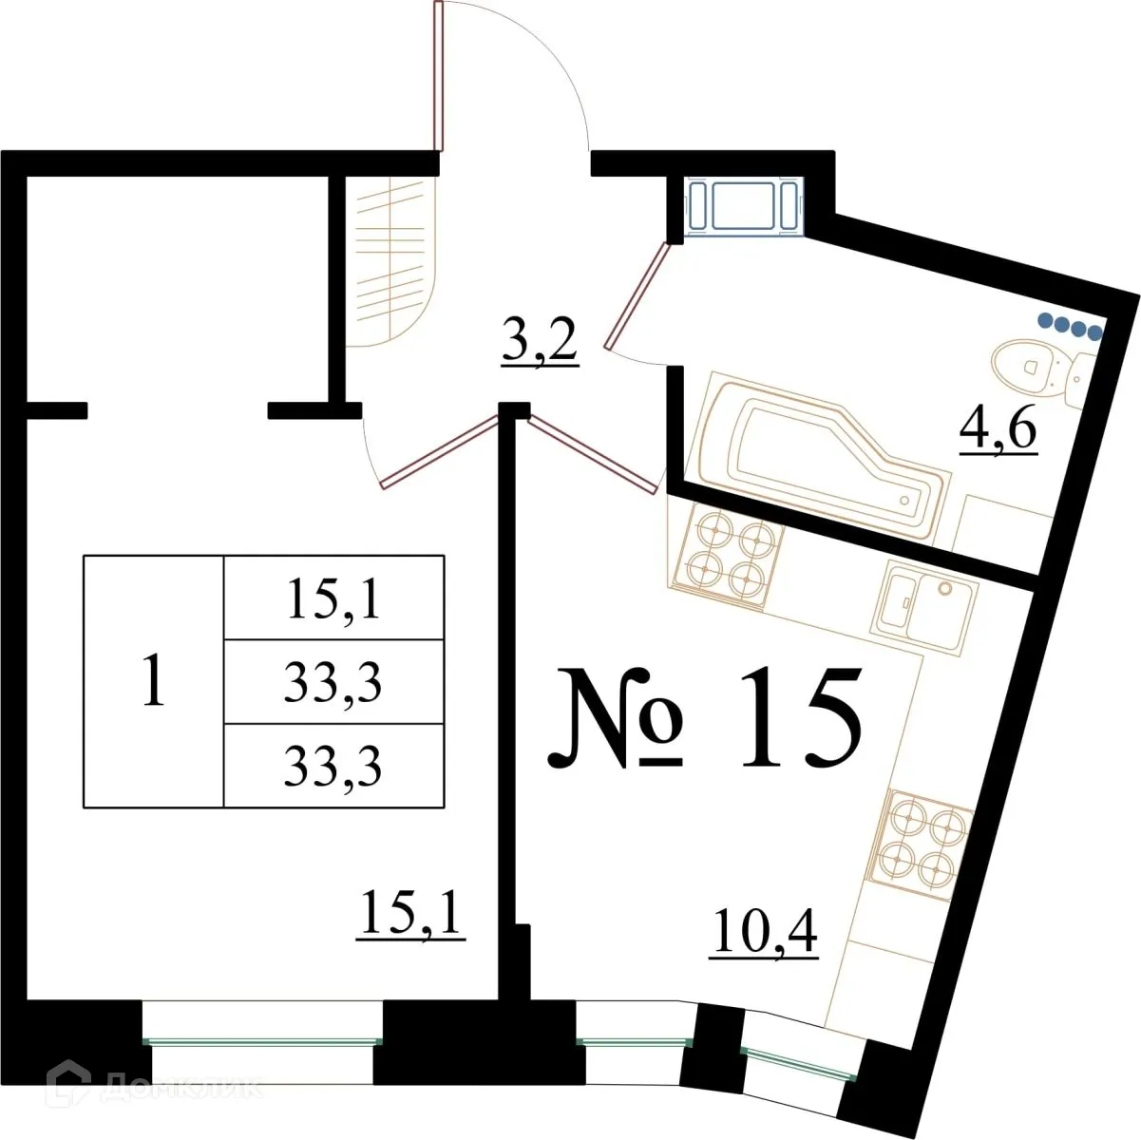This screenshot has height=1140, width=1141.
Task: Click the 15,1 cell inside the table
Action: pyautogui.click(x=333, y=598)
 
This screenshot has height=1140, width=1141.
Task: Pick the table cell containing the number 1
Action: pyautogui.click(x=153, y=681)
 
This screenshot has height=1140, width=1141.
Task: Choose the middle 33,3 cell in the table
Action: pyautogui.click(x=333, y=681)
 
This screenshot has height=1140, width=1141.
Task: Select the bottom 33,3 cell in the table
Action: pyautogui.click(x=333, y=766)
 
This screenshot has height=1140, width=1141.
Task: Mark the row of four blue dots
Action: pyautogui.click(x=1070, y=326)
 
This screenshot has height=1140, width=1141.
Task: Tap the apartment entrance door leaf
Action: pyautogui.click(x=438, y=76)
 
